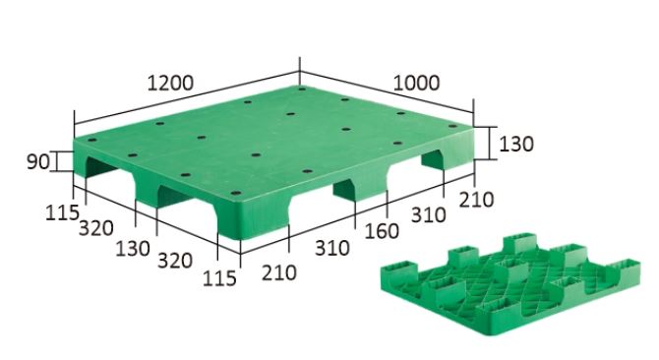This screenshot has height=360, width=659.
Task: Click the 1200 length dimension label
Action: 170,83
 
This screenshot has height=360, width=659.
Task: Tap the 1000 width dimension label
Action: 416,83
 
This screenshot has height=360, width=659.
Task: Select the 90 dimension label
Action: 37,161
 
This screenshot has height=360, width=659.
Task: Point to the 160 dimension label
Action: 382,231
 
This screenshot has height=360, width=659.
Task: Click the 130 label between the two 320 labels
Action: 133,248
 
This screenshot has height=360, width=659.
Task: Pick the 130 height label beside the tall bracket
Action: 516,144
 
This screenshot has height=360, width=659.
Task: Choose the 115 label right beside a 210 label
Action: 219,278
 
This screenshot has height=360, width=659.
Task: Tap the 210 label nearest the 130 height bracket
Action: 476,200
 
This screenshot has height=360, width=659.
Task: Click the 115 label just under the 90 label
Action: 62,212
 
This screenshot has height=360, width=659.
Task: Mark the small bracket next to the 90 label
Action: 56,161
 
